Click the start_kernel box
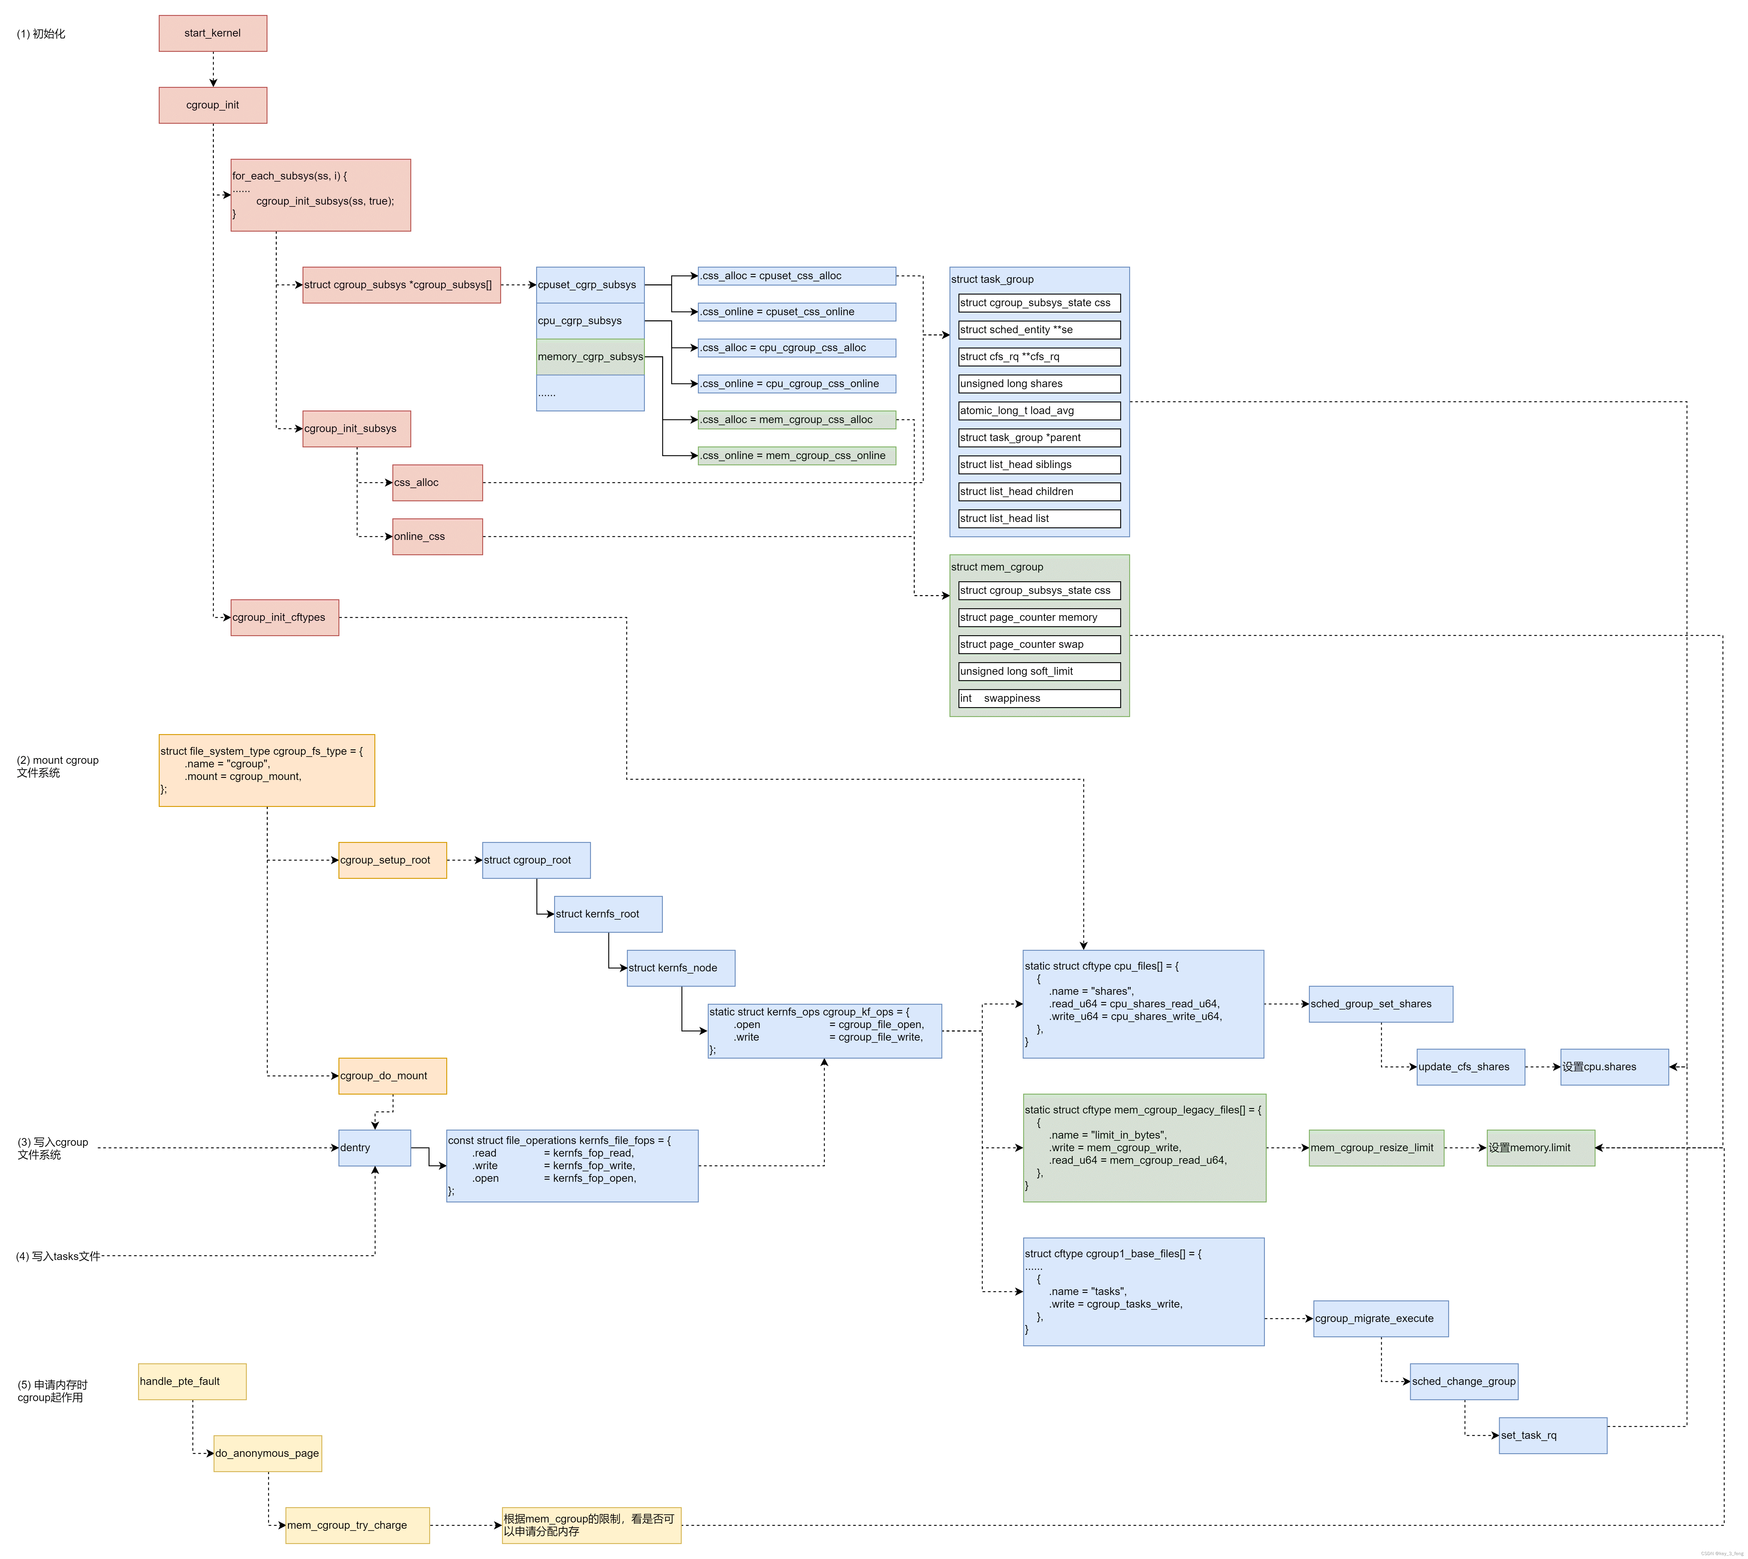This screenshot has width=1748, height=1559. [x=212, y=33]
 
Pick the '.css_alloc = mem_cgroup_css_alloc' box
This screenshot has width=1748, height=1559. [x=796, y=420]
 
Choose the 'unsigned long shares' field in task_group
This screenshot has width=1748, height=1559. [x=1039, y=384]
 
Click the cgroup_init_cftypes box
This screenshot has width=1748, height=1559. [x=284, y=618]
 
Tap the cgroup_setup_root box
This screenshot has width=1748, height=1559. [x=392, y=860]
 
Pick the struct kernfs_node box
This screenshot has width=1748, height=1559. [x=680, y=968]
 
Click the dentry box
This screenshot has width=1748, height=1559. [x=374, y=1148]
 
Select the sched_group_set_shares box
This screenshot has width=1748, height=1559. [x=1380, y=1004]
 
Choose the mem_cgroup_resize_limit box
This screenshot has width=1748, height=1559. [x=1375, y=1148]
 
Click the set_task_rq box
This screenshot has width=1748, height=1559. [x=1552, y=1436]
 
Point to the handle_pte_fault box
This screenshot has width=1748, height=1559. [x=192, y=1382]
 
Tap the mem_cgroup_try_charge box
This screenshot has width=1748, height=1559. [x=357, y=1526]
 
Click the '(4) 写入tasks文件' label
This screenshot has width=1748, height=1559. [x=58, y=1257]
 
